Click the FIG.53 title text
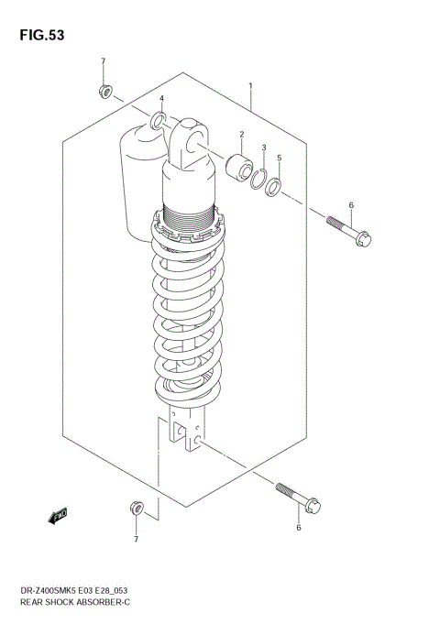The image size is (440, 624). pos(39,35)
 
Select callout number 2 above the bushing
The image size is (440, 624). pos(242,134)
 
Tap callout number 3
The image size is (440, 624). pos(161,98)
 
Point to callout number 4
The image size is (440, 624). pos(280,158)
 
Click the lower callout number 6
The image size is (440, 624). pos(299,528)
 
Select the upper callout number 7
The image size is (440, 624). pos(103,61)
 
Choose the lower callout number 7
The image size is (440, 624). pos(136,539)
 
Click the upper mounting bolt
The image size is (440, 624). pos(348,230)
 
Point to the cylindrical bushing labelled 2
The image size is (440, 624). pos(241,168)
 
